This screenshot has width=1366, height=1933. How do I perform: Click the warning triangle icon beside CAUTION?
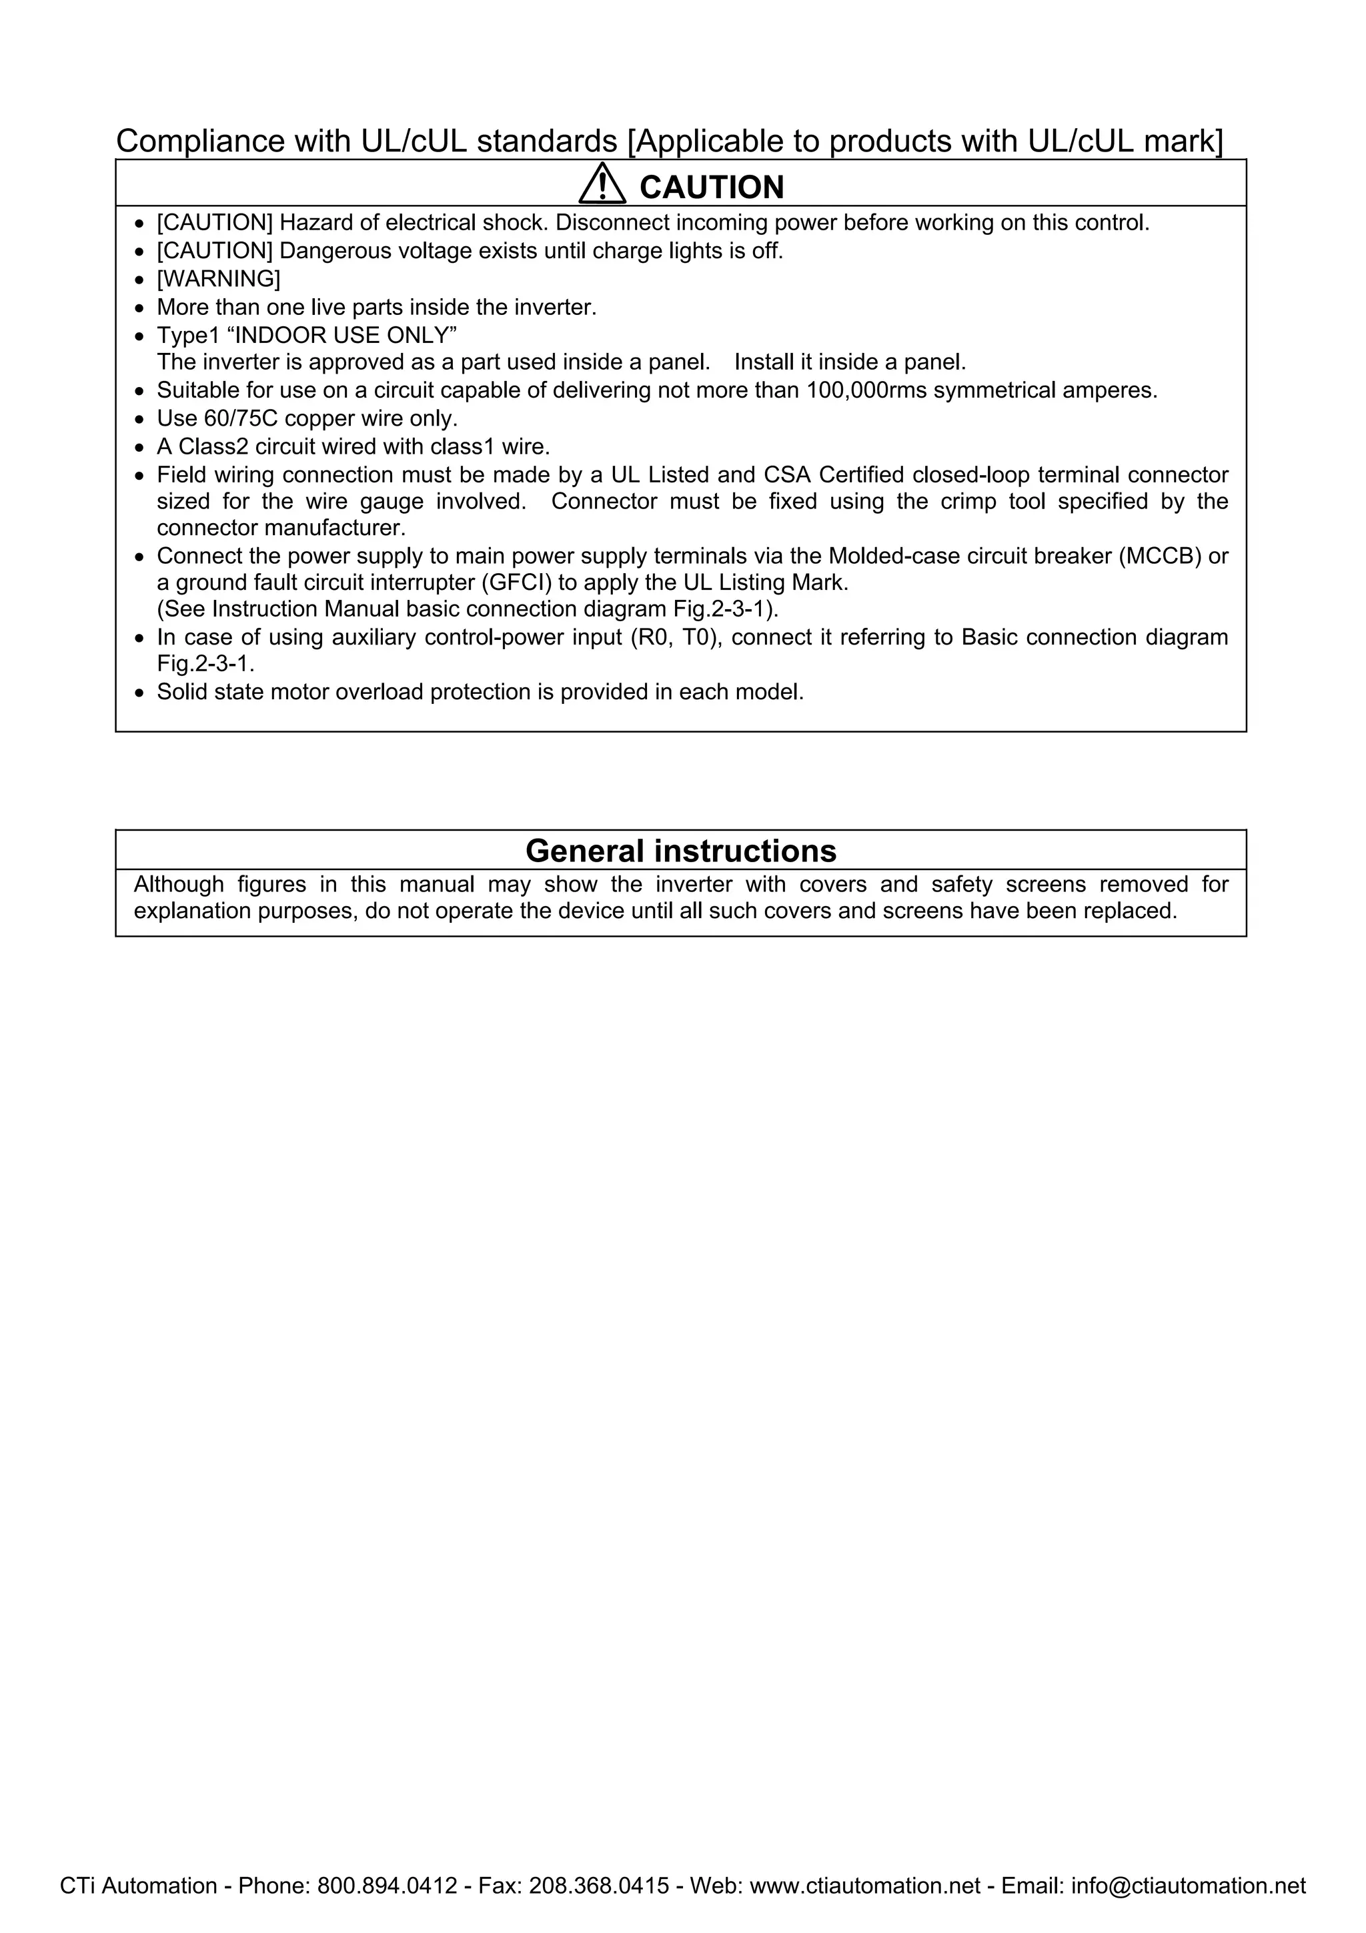click(602, 185)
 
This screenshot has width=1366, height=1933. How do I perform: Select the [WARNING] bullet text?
click(219, 279)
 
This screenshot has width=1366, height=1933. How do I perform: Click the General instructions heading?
click(681, 851)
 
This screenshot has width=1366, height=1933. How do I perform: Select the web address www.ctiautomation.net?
click(864, 1885)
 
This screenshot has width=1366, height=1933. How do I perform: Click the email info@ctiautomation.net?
click(1187, 1885)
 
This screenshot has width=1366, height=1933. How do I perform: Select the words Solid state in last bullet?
click(210, 692)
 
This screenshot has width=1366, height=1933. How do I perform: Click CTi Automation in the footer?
click(138, 1885)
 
